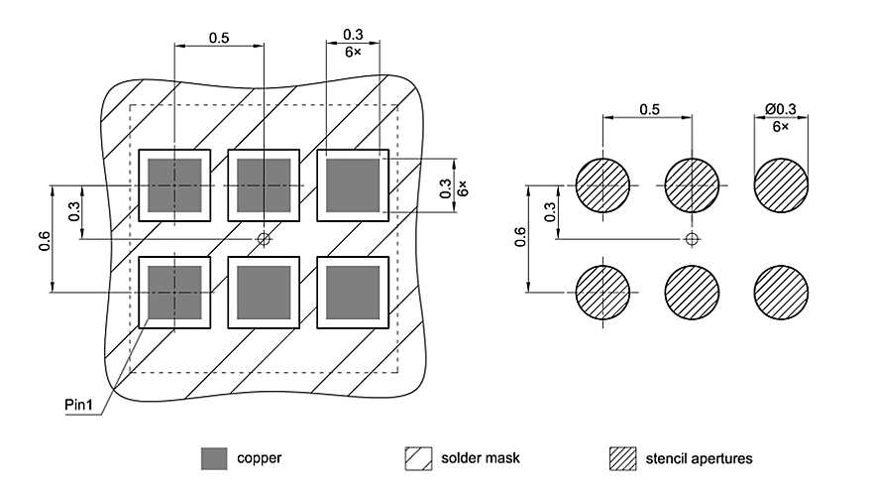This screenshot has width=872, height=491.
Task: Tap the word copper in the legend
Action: click(259, 458)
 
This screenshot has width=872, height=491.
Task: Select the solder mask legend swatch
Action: click(417, 458)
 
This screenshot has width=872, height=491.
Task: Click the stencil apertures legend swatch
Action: click(621, 458)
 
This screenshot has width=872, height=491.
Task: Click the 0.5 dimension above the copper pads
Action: click(220, 39)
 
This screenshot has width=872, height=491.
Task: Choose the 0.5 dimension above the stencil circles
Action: click(650, 108)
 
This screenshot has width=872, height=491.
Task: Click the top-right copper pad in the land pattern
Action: click(353, 185)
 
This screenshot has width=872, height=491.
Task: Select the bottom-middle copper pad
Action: click(264, 293)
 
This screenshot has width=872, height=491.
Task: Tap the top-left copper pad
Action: click(175, 185)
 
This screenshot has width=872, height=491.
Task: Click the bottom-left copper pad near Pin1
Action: click(175, 293)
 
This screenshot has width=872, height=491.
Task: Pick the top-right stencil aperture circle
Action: click(781, 186)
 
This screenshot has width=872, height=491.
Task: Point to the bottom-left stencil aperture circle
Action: click(603, 293)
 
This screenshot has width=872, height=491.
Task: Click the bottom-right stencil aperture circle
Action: click(781, 293)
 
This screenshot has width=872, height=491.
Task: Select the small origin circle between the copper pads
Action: click(264, 238)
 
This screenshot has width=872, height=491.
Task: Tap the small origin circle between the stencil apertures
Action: click(693, 238)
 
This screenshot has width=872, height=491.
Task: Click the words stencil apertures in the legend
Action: click(699, 458)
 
